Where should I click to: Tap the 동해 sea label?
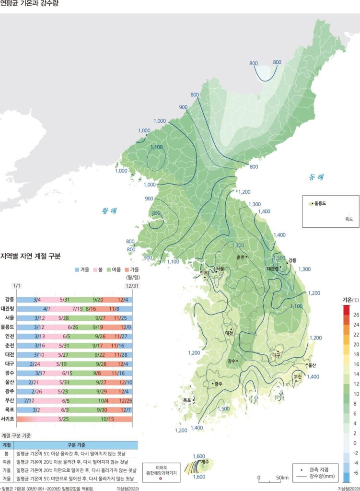click(316, 177)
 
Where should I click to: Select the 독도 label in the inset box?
click(348, 219)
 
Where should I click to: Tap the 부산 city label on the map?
click(298, 376)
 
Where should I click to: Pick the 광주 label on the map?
click(219, 384)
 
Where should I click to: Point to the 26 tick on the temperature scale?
click(356, 315)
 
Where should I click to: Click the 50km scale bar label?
click(282, 478)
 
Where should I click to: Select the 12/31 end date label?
click(126, 286)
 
